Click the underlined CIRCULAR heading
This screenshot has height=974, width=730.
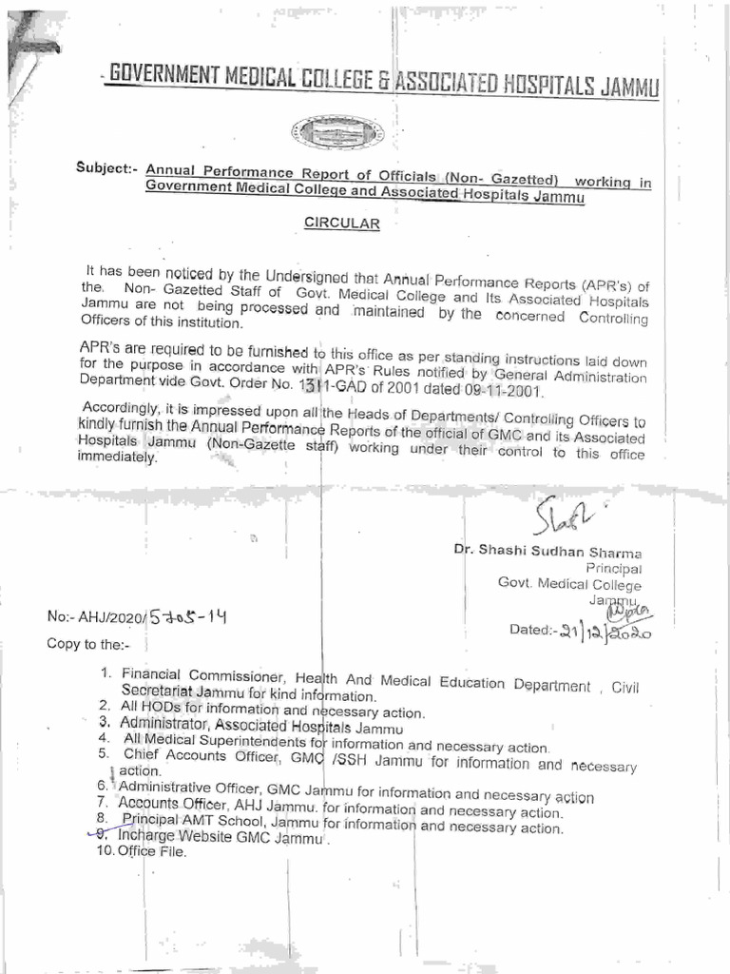tap(341, 224)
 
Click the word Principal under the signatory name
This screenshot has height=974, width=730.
tap(613, 568)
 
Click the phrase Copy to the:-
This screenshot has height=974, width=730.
tap(86, 644)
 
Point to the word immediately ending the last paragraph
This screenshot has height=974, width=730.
tap(118, 458)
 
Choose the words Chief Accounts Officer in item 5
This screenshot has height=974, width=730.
tap(201, 755)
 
